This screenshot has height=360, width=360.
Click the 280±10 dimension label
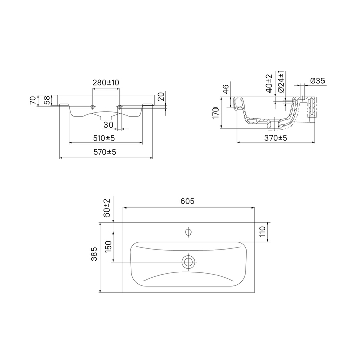(x=106, y=82)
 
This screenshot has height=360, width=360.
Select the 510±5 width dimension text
(x=104, y=138)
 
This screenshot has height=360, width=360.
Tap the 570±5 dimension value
(x=105, y=152)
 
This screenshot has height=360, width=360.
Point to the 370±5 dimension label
(x=276, y=138)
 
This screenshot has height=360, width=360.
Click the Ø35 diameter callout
(x=317, y=81)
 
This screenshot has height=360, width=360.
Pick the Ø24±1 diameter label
(x=281, y=81)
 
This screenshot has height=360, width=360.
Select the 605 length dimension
(x=187, y=201)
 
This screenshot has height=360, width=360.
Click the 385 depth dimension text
(x=94, y=254)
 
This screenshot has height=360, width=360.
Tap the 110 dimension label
(x=262, y=231)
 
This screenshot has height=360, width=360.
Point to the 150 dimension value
(x=108, y=246)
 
